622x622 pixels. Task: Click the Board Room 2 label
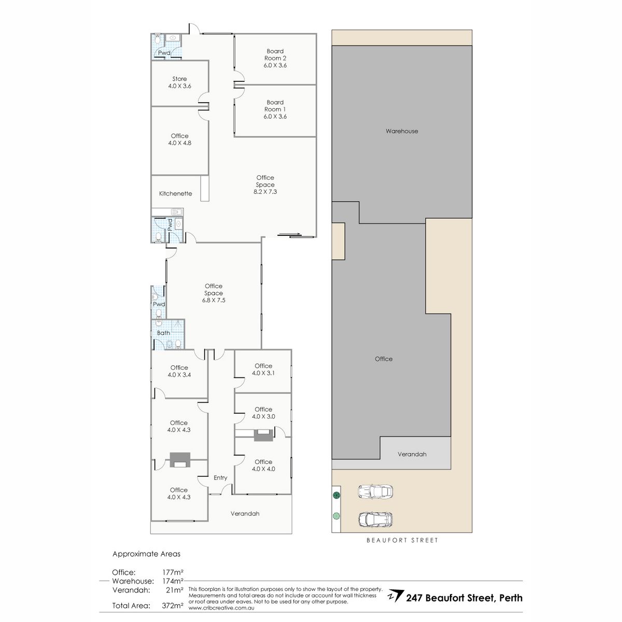275,58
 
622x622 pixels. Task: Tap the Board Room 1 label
275,109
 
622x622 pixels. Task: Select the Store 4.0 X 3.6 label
179,82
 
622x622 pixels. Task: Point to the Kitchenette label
176,193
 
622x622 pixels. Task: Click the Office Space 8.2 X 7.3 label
265,185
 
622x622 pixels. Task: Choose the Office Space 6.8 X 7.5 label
214,293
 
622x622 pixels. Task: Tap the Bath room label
164,333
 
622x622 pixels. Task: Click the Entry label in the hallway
220,478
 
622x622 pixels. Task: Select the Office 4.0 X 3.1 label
263,369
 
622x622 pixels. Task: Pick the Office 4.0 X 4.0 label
263,465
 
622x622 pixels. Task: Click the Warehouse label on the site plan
402,131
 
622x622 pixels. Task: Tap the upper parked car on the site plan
375,491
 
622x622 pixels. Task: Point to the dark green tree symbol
337,495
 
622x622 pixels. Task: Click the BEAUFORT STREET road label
402,540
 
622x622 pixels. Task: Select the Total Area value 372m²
173,605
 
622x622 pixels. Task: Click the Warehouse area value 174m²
173,581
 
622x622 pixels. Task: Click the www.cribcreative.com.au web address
221,608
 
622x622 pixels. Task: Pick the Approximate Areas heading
146,554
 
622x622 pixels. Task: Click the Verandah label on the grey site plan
412,454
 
